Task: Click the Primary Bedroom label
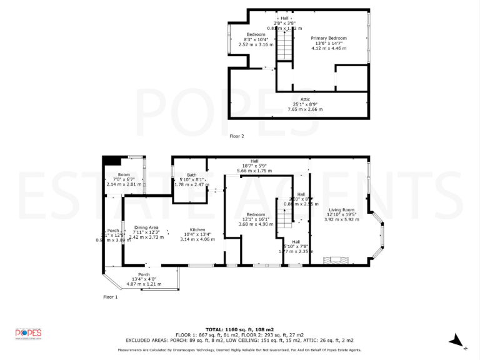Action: [x=329, y=38]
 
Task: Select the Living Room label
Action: [x=339, y=209]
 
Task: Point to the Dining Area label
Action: [x=146, y=227]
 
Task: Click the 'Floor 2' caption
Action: [x=236, y=136]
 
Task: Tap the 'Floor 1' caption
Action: [x=110, y=297]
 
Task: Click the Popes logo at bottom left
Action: [x=28, y=333]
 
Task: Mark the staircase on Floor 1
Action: [x=284, y=225]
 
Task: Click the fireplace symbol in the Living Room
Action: [x=332, y=259]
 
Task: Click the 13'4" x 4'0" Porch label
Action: [x=143, y=274]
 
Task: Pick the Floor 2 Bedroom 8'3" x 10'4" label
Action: [x=256, y=34]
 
